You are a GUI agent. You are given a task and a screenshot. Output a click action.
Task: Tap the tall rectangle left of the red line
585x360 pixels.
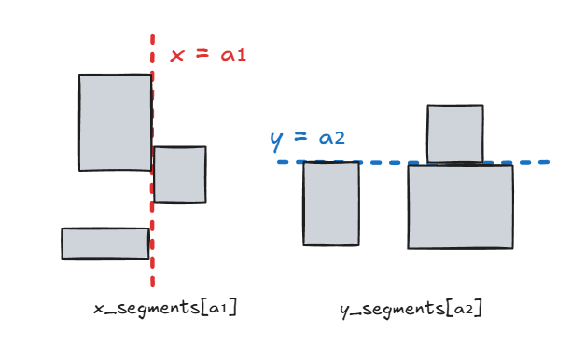point(115,122)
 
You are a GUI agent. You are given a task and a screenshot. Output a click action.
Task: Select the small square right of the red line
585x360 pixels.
point(180,174)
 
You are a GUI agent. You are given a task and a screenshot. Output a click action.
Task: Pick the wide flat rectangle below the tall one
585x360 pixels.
point(105,243)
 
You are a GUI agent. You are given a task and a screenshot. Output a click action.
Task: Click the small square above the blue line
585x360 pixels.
point(455,133)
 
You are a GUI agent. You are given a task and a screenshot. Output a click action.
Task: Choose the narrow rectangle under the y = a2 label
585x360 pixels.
point(331,204)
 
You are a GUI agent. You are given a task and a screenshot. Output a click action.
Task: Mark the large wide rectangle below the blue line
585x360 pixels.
point(460,207)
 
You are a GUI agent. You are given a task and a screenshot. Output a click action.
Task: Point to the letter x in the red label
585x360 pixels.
point(176,55)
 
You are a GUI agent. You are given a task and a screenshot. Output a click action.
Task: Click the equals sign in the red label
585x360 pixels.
point(201,55)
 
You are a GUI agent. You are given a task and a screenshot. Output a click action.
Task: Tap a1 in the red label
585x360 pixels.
point(232,55)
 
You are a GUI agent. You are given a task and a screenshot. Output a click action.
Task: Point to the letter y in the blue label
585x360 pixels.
point(276,141)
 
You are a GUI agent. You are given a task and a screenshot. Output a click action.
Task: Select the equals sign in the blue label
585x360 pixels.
point(300,139)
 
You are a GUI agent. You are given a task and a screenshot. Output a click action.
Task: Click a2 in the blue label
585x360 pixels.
point(332,139)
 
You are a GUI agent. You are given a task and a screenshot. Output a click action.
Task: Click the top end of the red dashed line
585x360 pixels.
point(151,37)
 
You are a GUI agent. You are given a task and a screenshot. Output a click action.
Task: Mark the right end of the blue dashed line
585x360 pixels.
point(546,162)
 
